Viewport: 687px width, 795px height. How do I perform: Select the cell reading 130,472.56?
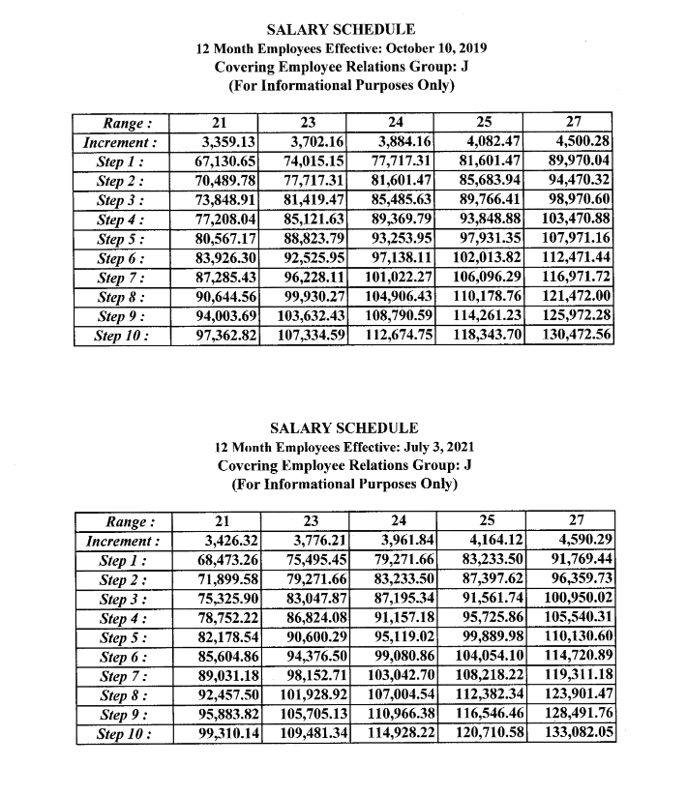[579, 336]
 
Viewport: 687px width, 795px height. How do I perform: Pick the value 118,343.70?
[489, 336]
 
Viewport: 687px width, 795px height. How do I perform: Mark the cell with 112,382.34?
[489, 696]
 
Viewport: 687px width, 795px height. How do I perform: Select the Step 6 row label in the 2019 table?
[123, 258]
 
